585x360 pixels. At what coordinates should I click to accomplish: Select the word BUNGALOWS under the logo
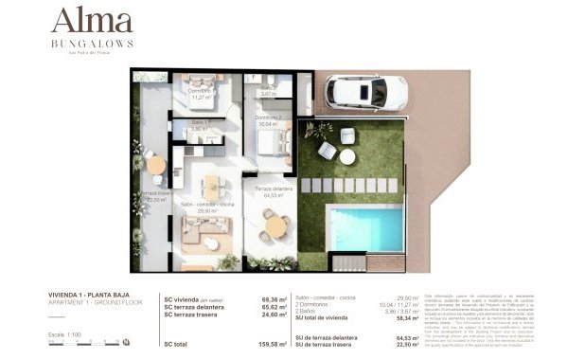pyautogui.click(x=92, y=43)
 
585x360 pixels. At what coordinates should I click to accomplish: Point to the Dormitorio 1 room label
pyautogui.click(x=201, y=93)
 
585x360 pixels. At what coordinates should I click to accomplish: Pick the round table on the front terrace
pyautogui.click(x=275, y=226)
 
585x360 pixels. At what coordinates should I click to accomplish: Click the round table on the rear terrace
pyautogui.click(x=155, y=164)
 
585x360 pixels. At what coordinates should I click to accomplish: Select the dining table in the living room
pyautogui.click(x=211, y=185)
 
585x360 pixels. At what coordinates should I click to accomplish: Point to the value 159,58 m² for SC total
pyautogui.click(x=275, y=343)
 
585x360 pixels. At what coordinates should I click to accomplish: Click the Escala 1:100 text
pyautogui.click(x=62, y=333)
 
